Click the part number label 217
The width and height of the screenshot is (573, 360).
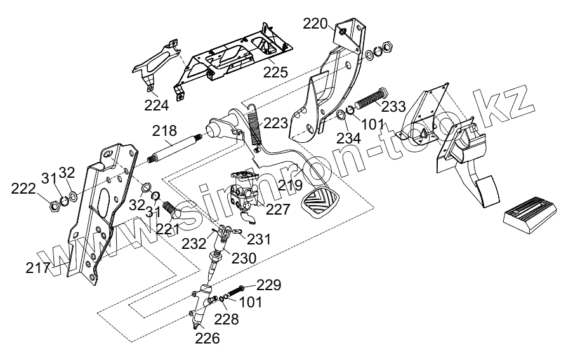coord(38,268)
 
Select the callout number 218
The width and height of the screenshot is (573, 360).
coord(164,131)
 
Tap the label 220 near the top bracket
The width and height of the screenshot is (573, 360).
coord(315,24)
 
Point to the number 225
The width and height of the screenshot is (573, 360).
coord(275,71)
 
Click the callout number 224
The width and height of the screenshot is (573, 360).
coord(156,105)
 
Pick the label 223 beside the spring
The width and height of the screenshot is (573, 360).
coord(275,123)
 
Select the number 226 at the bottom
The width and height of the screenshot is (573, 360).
coord(207,338)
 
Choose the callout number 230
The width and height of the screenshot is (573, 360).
coord(244,258)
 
